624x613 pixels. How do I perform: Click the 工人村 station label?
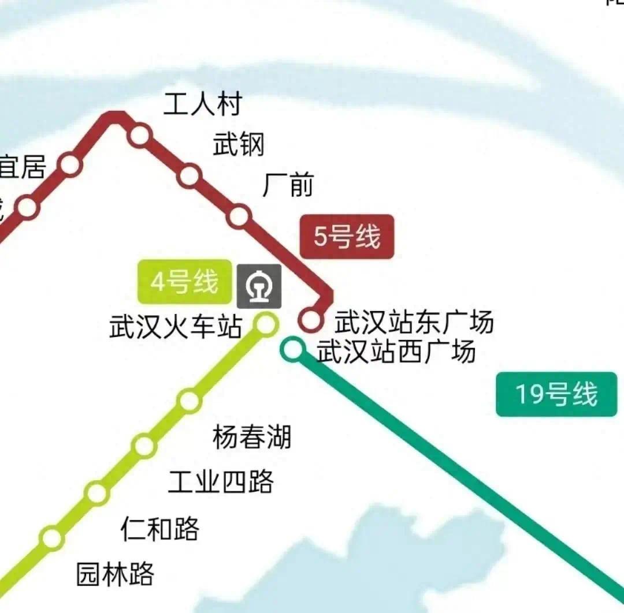coord(202,104)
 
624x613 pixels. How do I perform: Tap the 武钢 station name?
coord(239,144)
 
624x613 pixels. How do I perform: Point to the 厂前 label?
coord(288,185)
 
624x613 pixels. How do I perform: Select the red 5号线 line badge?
coord(347,237)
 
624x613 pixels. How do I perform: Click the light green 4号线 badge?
coord(184,282)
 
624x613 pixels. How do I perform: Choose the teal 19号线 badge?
coord(556,394)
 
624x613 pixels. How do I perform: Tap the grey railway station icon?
coord(259,286)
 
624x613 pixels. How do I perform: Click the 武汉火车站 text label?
coord(176,327)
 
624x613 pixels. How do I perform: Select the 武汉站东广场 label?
coord(414,322)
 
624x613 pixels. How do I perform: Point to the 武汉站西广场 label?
coord(396,351)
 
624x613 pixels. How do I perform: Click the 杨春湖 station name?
coord(252,437)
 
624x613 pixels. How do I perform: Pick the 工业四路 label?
coord(221,481)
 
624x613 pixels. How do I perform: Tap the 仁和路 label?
coord(160,528)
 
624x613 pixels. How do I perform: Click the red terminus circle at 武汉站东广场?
coord(311,320)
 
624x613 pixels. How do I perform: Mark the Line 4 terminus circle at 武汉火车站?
coord(266,324)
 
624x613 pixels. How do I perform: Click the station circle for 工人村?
coord(140,136)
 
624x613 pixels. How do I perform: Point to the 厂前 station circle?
coord(239,216)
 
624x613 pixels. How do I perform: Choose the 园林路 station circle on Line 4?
coord(52,538)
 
